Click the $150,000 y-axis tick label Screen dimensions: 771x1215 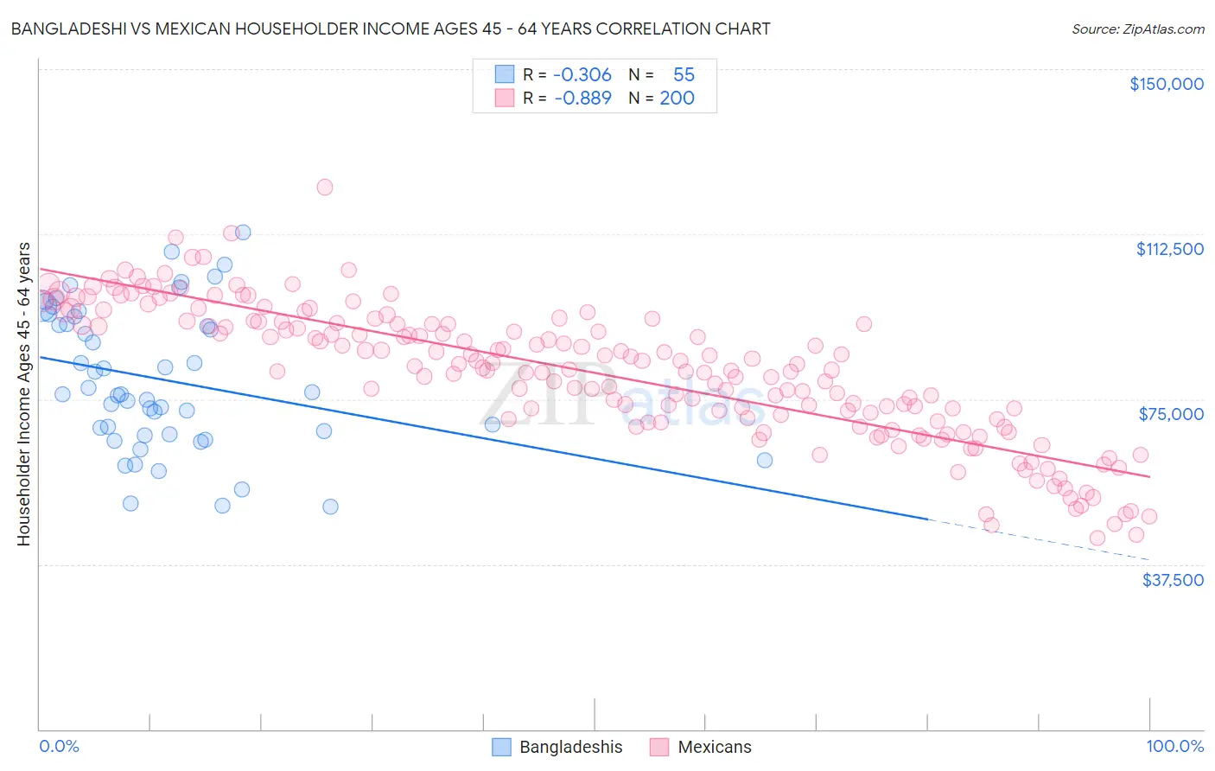(x=1166, y=84)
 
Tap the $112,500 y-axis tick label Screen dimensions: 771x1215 (x=1169, y=249)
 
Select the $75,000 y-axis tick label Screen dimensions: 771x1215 (x=1171, y=414)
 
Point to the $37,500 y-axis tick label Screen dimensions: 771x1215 (x=1172, y=580)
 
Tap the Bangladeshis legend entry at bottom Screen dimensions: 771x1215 (x=557, y=747)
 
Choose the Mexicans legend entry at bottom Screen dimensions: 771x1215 (x=701, y=747)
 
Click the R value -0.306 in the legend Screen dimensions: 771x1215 (x=582, y=74)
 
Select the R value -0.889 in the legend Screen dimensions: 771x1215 (x=582, y=98)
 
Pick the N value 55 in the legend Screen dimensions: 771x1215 (x=684, y=74)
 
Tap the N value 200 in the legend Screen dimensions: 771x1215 (x=677, y=98)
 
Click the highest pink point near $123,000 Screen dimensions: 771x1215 (x=325, y=187)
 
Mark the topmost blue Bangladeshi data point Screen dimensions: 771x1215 (x=243, y=232)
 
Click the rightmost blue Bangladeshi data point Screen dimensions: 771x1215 (x=765, y=460)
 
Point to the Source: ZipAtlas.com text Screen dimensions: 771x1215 (x=1137, y=29)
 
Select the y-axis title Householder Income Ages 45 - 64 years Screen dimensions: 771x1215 (x=23, y=394)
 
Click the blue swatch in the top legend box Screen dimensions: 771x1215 (x=504, y=74)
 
